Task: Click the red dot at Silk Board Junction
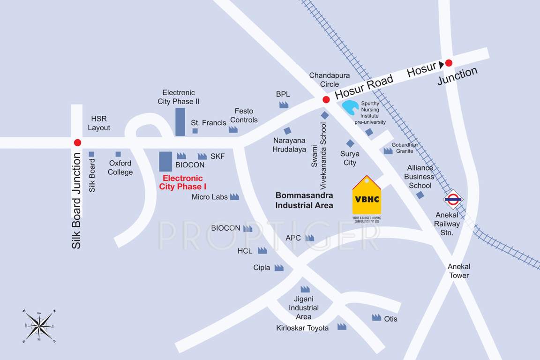point(77,142)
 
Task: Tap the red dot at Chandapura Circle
point(326,99)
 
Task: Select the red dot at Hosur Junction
point(449,63)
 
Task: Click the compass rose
point(39,326)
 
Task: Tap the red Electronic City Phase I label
point(183,182)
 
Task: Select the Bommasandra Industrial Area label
point(304,200)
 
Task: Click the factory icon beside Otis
point(376,317)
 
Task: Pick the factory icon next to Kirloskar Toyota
point(342,326)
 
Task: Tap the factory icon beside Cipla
point(279,268)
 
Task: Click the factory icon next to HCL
point(262,250)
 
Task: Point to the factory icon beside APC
point(309,238)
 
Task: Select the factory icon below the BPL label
point(284,105)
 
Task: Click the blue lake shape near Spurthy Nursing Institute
point(350,107)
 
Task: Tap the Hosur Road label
point(364,87)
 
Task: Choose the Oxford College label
point(120,167)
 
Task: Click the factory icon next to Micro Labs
point(234,197)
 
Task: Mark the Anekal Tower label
point(459,271)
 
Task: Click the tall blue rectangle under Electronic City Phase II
point(180,122)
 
